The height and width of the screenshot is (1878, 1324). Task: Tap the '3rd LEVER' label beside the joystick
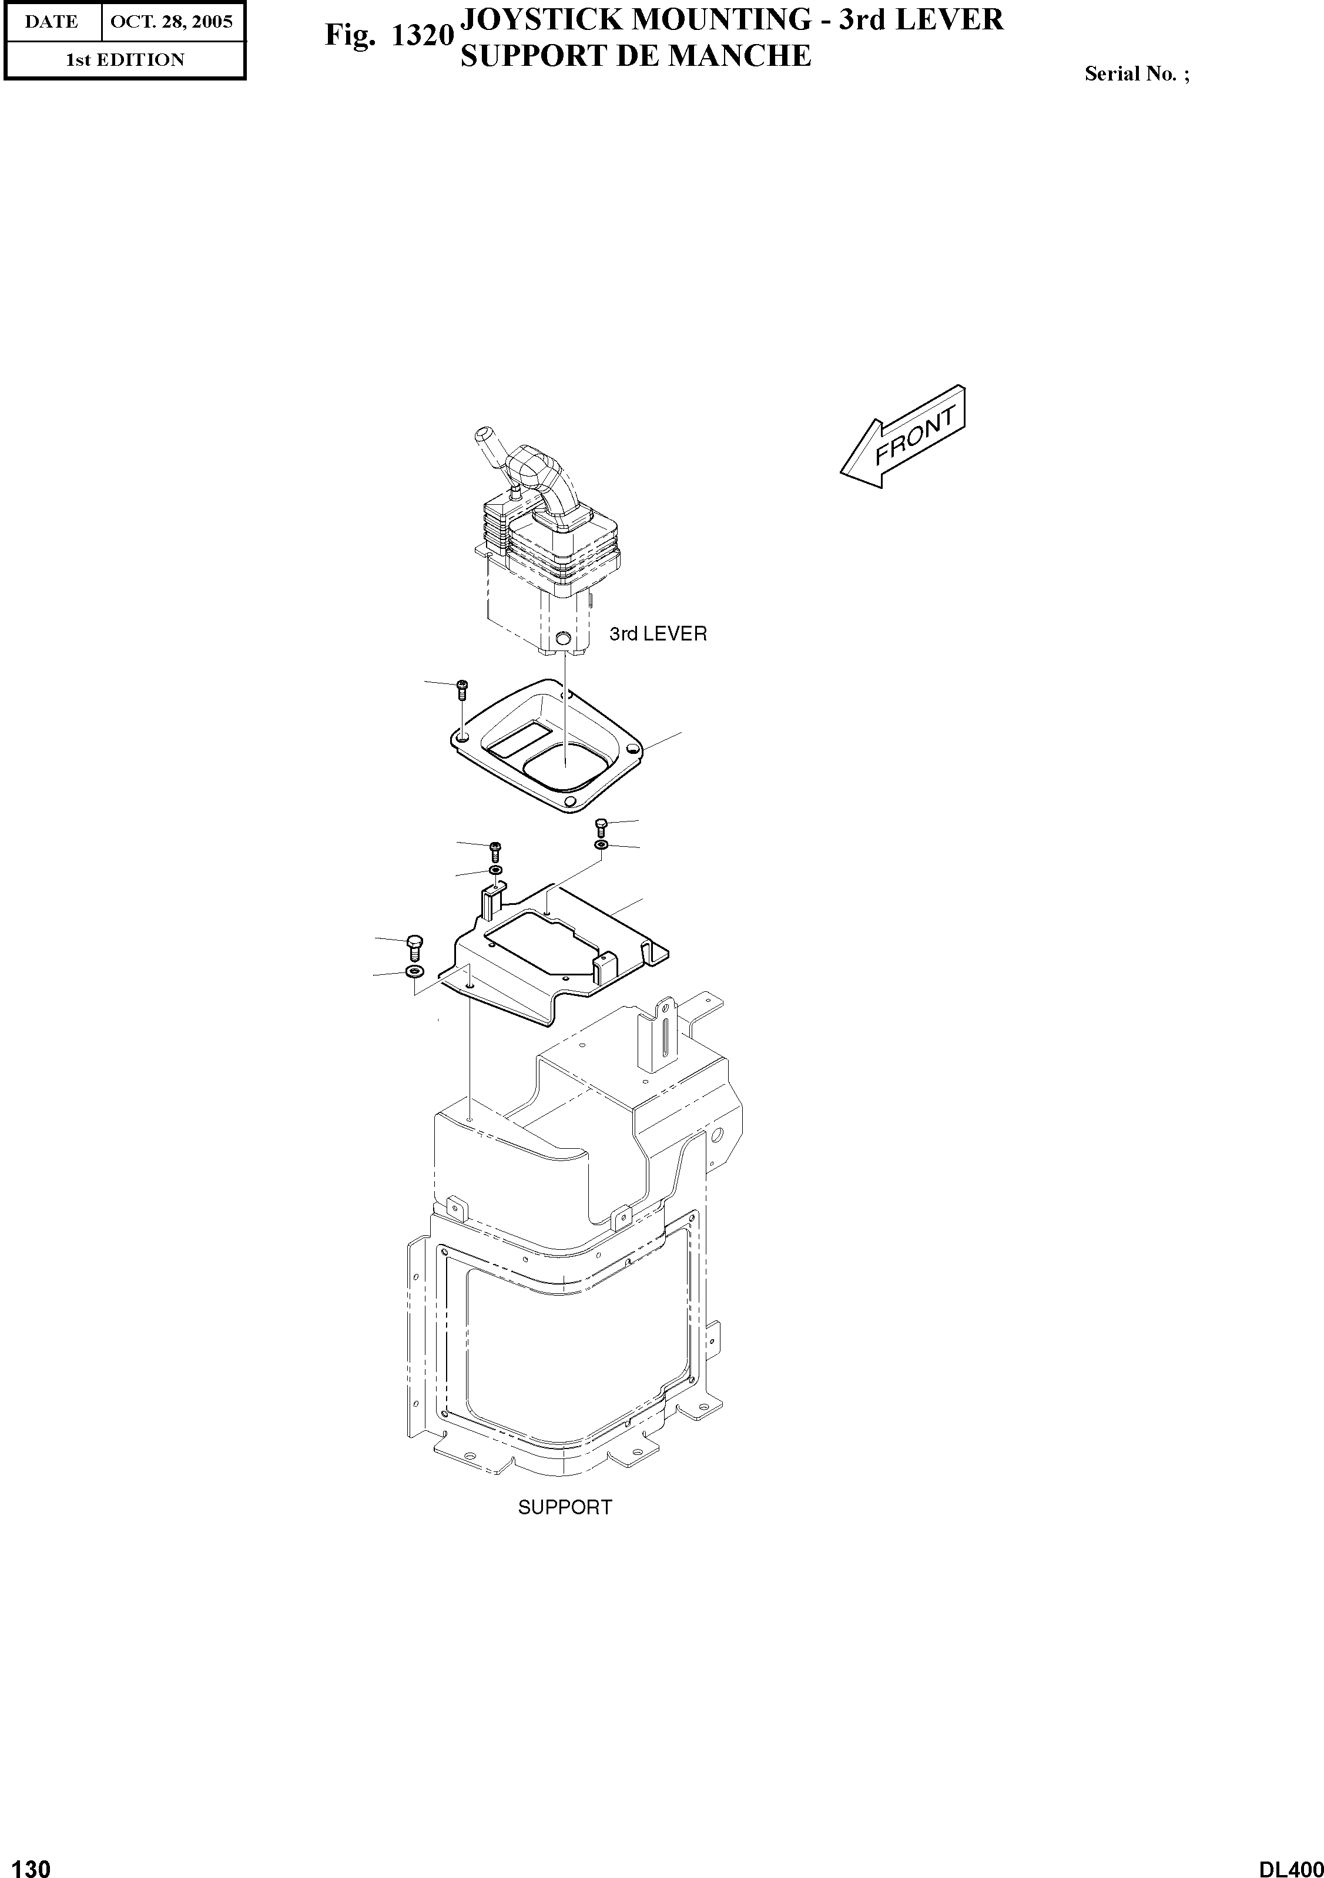tap(658, 634)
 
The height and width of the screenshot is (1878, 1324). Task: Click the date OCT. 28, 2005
tap(172, 22)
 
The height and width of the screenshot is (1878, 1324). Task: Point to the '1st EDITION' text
tap(125, 60)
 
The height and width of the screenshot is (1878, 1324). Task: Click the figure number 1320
tap(422, 36)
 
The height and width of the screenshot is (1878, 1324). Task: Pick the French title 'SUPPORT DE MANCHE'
tap(635, 56)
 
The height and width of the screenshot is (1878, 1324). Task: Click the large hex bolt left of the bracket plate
tap(414, 947)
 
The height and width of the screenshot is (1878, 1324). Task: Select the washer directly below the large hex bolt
tap(414, 972)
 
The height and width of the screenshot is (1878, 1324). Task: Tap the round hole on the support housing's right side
tap(716, 1135)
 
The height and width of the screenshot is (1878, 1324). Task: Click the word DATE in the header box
tap(52, 22)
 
